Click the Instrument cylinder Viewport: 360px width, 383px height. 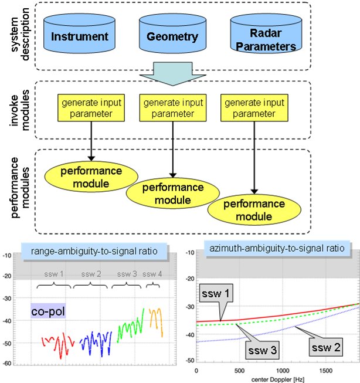point(80,37)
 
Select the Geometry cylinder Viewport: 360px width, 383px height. point(170,36)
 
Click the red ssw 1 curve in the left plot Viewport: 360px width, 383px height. point(57,344)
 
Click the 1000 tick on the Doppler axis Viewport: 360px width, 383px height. point(283,372)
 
